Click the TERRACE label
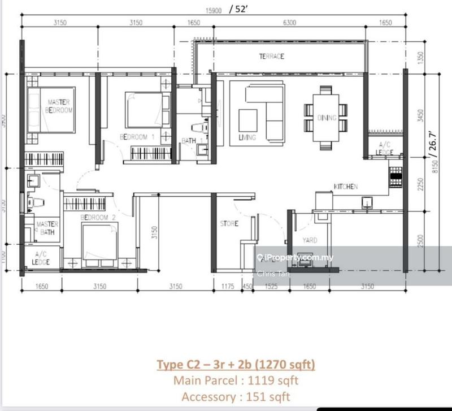(x=271, y=57)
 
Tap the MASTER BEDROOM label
(x=59, y=106)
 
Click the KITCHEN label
(x=345, y=187)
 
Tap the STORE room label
(x=229, y=224)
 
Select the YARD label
(x=310, y=240)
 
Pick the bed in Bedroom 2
(x=100, y=240)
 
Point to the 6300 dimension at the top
(x=290, y=23)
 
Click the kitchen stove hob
(x=395, y=176)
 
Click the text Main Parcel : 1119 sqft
(x=236, y=380)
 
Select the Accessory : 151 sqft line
(x=236, y=397)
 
